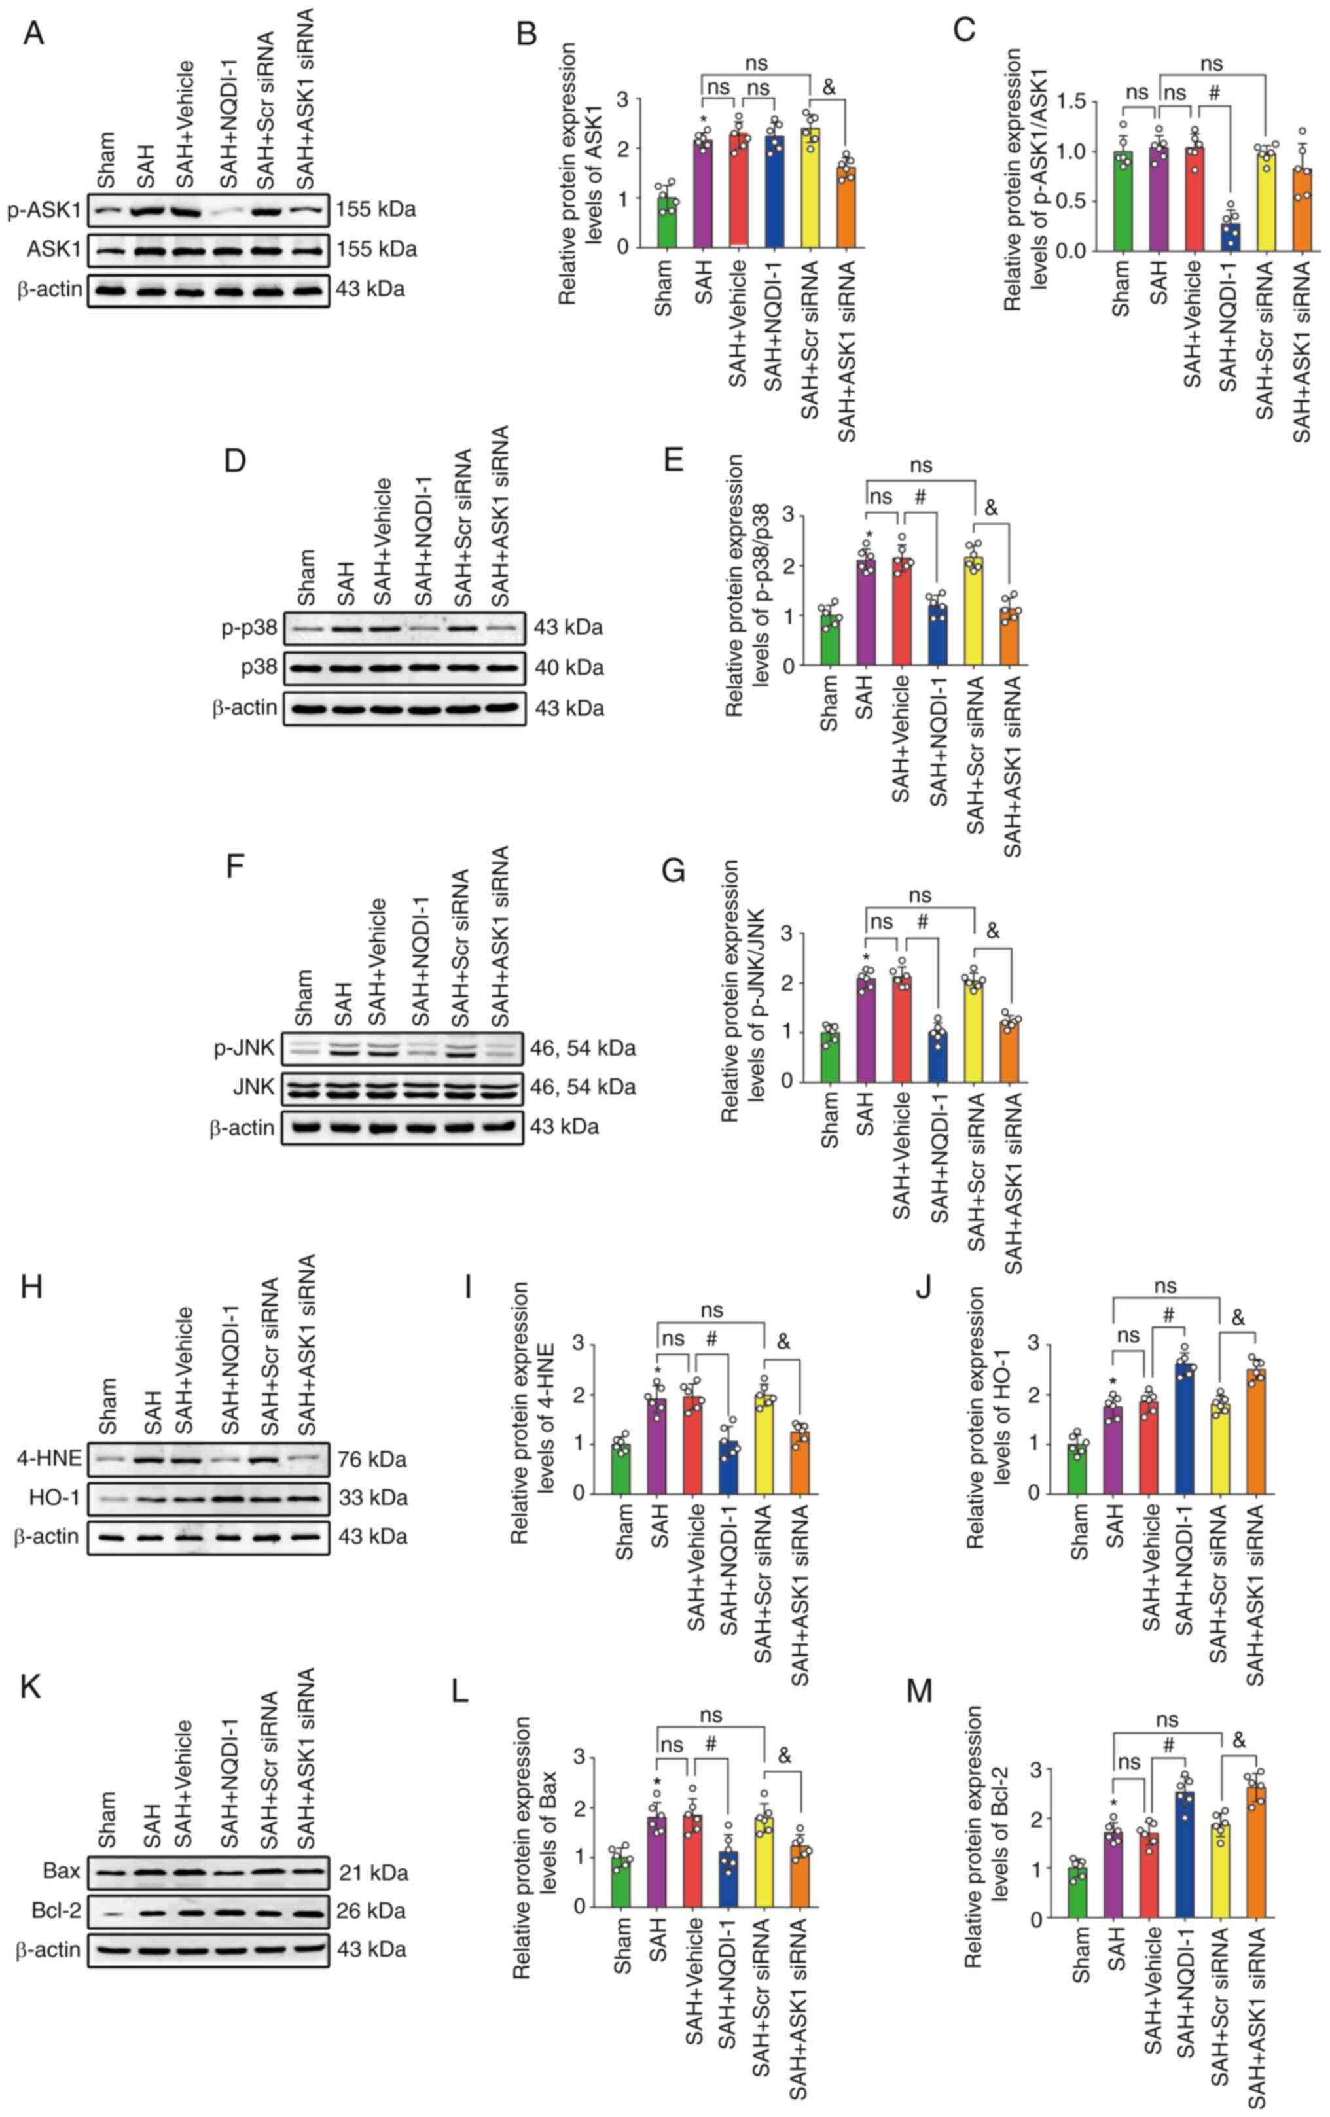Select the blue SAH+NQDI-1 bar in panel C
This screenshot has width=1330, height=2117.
(x=1230, y=236)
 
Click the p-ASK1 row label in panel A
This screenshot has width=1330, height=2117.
(x=44, y=210)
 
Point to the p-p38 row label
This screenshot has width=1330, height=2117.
(x=249, y=628)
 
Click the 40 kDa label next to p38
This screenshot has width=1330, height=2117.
(x=569, y=668)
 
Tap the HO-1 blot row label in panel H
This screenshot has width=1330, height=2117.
(x=54, y=1497)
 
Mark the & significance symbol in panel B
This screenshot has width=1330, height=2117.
(x=828, y=86)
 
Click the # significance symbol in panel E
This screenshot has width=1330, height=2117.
(x=920, y=497)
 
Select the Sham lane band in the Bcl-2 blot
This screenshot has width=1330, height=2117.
(x=108, y=1912)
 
